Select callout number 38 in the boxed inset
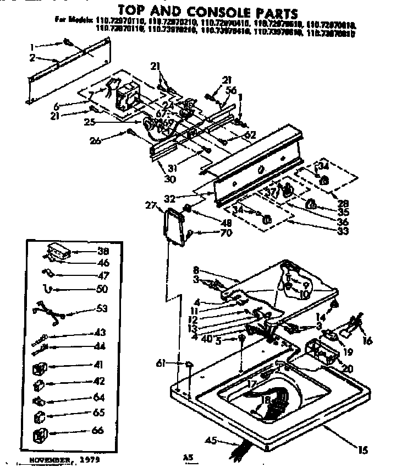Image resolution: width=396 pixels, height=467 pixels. tap(102, 250)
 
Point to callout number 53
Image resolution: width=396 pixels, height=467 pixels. tap(102, 308)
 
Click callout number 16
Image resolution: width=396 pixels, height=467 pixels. tap(367, 341)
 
